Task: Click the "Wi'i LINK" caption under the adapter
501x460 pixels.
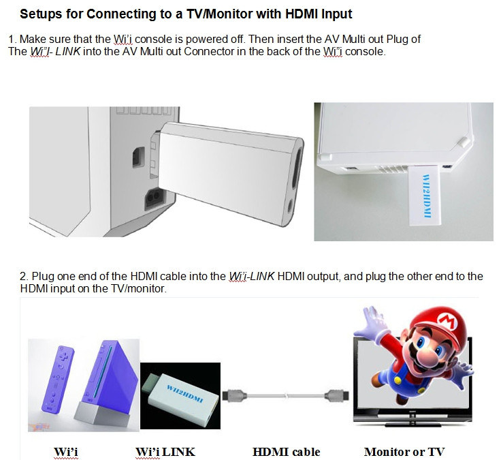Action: coord(165,452)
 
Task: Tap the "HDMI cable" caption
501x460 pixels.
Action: coord(287,452)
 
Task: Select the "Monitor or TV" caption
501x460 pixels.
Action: coord(404,452)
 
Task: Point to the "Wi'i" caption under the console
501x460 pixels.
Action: coord(66,452)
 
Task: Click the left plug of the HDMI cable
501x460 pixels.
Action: coord(235,396)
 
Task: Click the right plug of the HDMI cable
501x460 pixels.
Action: coord(336,396)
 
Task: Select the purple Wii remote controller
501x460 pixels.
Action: coord(58,378)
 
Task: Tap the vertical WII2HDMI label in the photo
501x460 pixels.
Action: coord(427,196)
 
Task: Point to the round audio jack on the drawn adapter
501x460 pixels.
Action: coord(291,206)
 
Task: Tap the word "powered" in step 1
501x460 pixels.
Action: coord(204,40)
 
